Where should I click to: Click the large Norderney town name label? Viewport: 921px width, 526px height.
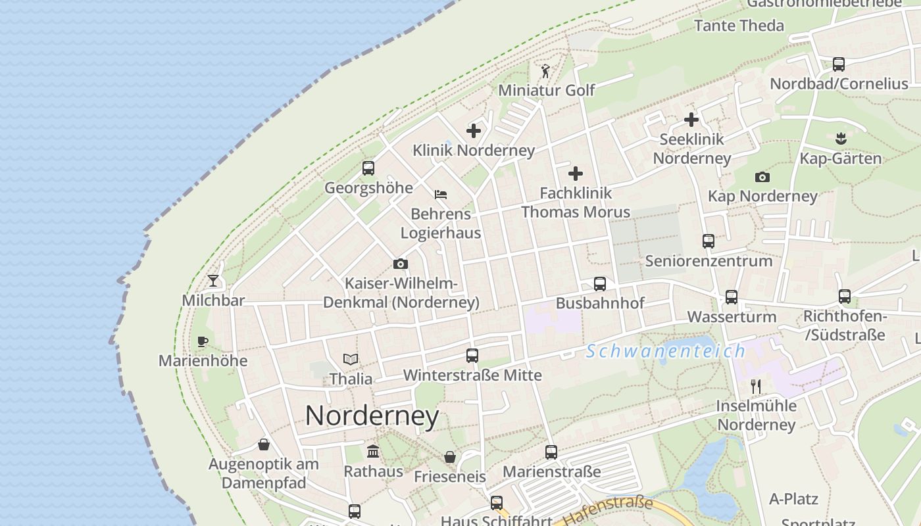[x=372, y=416]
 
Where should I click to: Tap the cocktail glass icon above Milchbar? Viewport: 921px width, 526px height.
[x=213, y=281]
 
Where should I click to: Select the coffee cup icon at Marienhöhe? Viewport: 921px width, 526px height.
[x=203, y=341]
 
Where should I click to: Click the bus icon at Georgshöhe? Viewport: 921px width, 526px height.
[x=368, y=168]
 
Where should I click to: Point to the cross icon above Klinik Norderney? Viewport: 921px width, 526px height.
[x=474, y=131]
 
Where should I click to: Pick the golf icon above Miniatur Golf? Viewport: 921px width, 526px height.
[x=545, y=71]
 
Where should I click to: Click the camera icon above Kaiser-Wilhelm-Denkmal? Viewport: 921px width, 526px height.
[x=401, y=264]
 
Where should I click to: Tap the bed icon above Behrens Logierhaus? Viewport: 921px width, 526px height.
[x=441, y=195]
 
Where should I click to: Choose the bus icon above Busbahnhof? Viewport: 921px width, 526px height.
[x=600, y=284]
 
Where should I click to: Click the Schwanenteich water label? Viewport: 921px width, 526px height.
[x=666, y=351]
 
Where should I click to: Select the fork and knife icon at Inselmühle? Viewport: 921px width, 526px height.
[x=756, y=386]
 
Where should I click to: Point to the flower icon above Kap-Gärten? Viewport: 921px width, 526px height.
[x=840, y=139]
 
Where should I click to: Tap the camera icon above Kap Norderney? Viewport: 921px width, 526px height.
[x=762, y=177]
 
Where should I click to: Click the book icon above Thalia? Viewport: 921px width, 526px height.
[x=351, y=360]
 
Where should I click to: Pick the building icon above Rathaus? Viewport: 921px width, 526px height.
[x=373, y=452]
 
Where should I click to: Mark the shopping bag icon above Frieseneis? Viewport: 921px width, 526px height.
[x=450, y=457]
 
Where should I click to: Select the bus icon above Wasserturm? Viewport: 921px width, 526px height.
[x=732, y=297]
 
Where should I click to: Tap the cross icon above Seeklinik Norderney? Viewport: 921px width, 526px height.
[x=691, y=120]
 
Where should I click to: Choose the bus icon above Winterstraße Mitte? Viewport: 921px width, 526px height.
[x=472, y=356]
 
